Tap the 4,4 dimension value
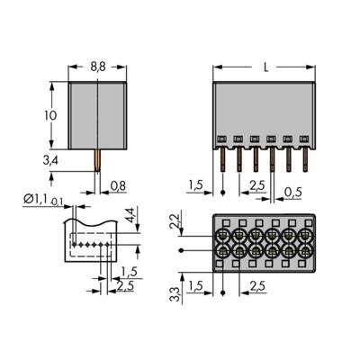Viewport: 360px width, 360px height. coord(131,216)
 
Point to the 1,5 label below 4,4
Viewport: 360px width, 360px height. coord(130,271)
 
